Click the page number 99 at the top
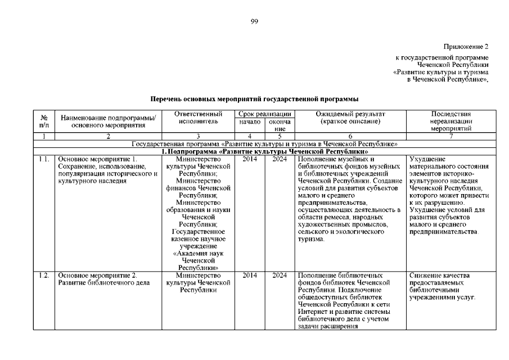pyautogui.click(x=254, y=21)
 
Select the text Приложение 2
pyautogui.click(x=466, y=46)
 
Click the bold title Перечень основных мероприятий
pyautogui.click(x=254, y=98)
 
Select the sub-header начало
pyautogui.click(x=250, y=121)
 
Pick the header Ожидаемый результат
pyautogui.click(x=350, y=118)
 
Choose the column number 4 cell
pyautogui.click(x=250, y=136)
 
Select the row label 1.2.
pyautogui.click(x=44, y=275)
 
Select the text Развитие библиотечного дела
pyautogui.click(x=103, y=282)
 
